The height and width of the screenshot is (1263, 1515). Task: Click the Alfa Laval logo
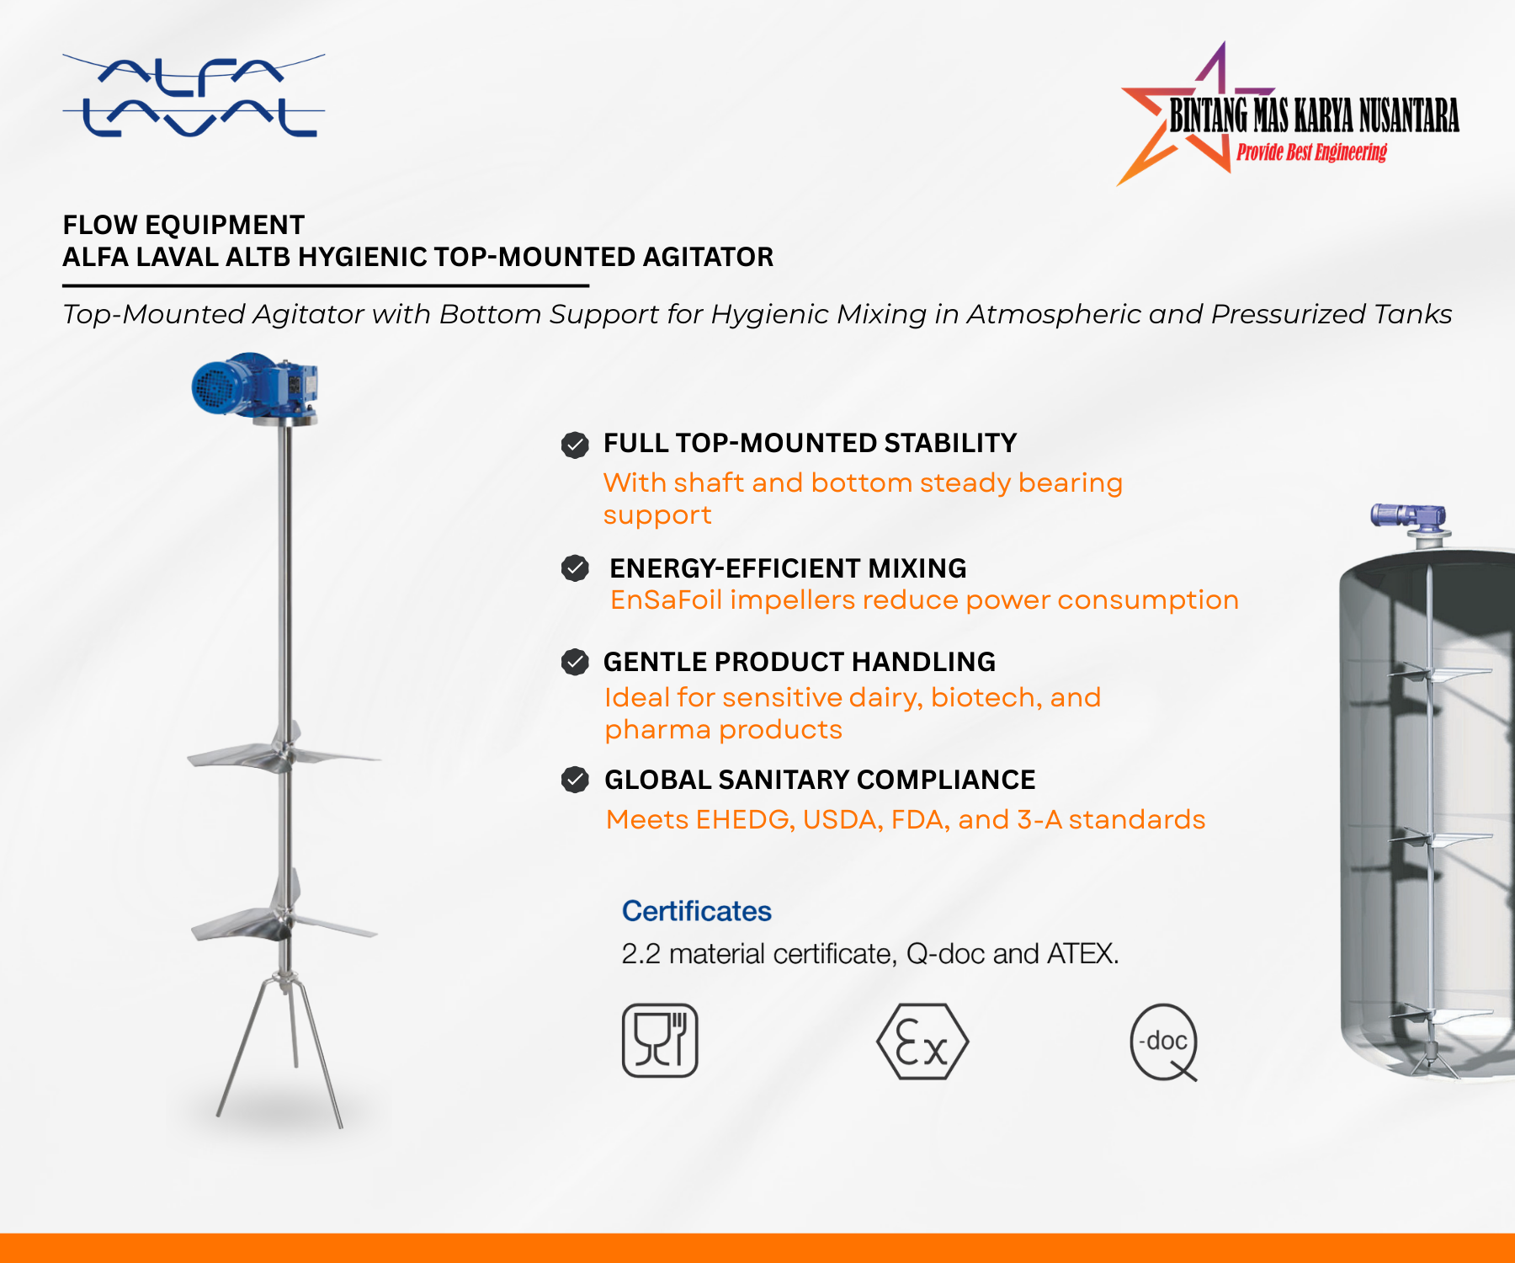(x=194, y=96)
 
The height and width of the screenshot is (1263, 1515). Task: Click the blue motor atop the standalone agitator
(x=252, y=386)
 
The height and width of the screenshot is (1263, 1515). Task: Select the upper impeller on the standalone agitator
(x=284, y=752)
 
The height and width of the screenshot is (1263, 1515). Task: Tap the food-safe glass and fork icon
(x=660, y=1040)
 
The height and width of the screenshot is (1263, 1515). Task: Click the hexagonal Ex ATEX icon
(x=922, y=1042)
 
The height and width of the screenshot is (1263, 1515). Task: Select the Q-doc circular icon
(x=1164, y=1042)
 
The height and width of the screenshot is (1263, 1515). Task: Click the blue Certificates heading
(x=696, y=911)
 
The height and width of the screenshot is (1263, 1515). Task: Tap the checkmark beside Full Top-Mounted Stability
(x=575, y=445)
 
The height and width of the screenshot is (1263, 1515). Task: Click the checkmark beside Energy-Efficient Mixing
(x=575, y=568)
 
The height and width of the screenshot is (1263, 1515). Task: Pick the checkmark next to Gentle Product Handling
(x=575, y=662)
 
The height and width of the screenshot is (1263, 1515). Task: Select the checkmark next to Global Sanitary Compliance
(x=575, y=780)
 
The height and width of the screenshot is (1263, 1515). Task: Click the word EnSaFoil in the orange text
(x=666, y=600)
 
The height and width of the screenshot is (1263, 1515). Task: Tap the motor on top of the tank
(x=1409, y=516)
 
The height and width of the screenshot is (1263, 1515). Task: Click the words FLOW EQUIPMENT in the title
(x=183, y=225)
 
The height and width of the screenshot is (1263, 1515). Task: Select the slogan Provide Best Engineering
(x=1311, y=152)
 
